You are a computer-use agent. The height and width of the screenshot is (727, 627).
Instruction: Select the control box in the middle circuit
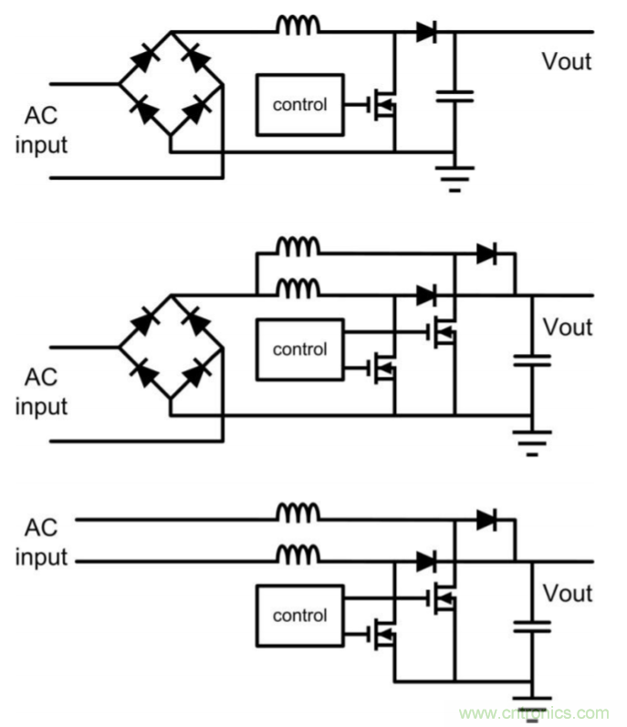click(x=299, y=348)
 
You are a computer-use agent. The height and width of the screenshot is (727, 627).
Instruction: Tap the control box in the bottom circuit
click(x=299, y=616)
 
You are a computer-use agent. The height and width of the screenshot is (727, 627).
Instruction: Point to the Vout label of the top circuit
click(x=566, y=62)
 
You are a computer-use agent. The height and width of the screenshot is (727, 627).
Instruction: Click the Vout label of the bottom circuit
click(x=568, y=594)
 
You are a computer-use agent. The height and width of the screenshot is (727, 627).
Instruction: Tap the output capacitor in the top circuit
click(x=454, y=95)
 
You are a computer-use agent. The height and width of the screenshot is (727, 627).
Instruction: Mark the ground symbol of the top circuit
click(x=454, y=178)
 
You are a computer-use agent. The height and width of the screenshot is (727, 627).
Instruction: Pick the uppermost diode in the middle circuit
click(x=487, y=254)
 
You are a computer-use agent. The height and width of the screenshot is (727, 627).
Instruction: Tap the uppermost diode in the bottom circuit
click(x=487, y=520)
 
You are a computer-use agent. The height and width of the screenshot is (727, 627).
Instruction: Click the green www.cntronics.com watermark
click(x=534, y=712)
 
